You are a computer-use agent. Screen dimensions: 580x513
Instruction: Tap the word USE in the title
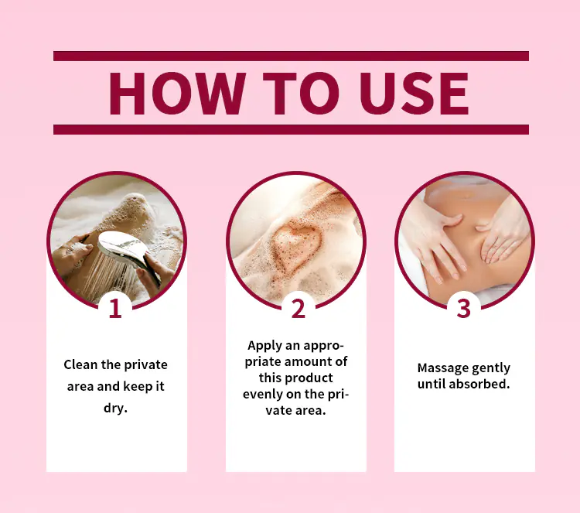point(415,94)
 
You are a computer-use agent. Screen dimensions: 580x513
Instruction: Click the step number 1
point(115,308)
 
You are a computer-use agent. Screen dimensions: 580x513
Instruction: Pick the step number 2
point(299,308)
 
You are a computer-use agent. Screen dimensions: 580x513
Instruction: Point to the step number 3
point(463,308)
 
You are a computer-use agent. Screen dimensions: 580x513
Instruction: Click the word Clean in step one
point(80,364)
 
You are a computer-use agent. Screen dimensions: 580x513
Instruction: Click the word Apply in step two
point(264,346)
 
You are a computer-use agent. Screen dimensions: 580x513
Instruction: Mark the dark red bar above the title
point(291,56)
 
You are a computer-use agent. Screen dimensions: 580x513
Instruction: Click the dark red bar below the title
point(291,129)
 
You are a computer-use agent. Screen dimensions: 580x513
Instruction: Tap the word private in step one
point(145,365)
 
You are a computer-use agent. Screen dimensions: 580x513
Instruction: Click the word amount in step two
point(309,362)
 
